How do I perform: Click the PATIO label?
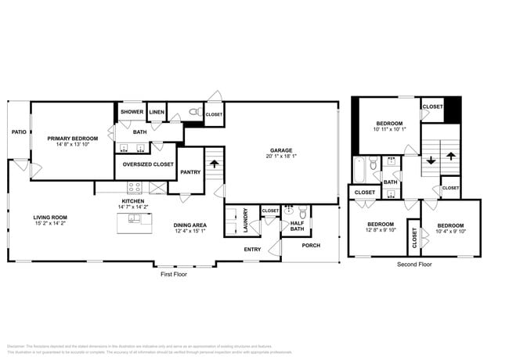(x=19, y=132)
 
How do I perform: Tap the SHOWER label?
(x=132, y=112)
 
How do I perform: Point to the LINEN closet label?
(x=157, y=112)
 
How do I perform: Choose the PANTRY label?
(x=190, y=172)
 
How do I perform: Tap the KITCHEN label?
(x=132, y=201)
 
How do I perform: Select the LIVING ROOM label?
(x=49, y=218)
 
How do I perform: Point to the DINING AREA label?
(x=190, y=225)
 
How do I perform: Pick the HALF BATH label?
(x=298, y=226)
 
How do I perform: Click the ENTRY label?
(x=252, y=250)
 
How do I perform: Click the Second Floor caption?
(x=414, y=265)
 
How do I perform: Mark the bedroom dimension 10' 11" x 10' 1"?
(x=389, y=130)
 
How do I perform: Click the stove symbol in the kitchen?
(x=133, y=188)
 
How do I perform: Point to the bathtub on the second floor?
(x=358, y=169)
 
